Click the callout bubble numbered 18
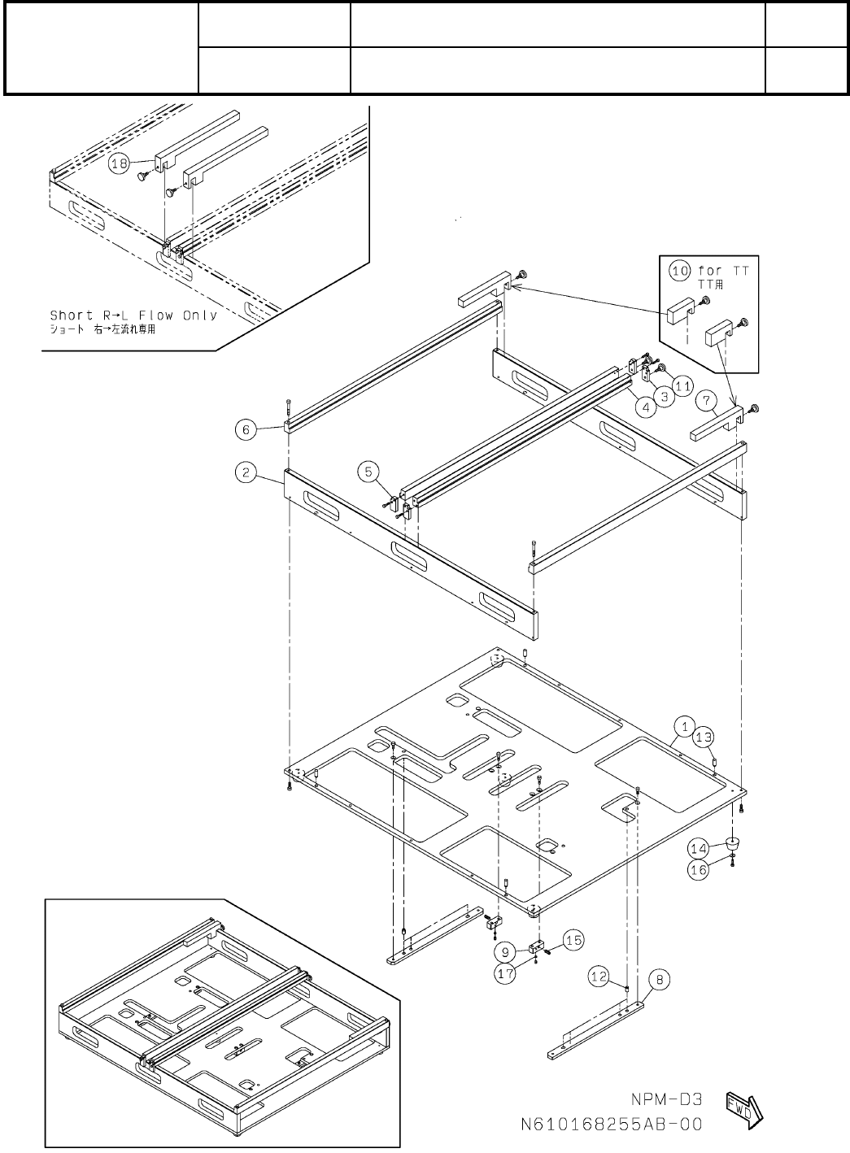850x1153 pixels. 120,163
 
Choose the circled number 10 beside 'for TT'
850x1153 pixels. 678,270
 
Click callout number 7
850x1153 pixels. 706,400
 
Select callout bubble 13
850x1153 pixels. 704,737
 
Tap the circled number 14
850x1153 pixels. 699,848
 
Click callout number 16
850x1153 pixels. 699,869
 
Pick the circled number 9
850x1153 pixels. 505,951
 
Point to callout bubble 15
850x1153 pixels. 573,940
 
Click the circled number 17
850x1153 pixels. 506,974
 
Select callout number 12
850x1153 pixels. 599,977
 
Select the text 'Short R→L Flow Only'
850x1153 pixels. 133,315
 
